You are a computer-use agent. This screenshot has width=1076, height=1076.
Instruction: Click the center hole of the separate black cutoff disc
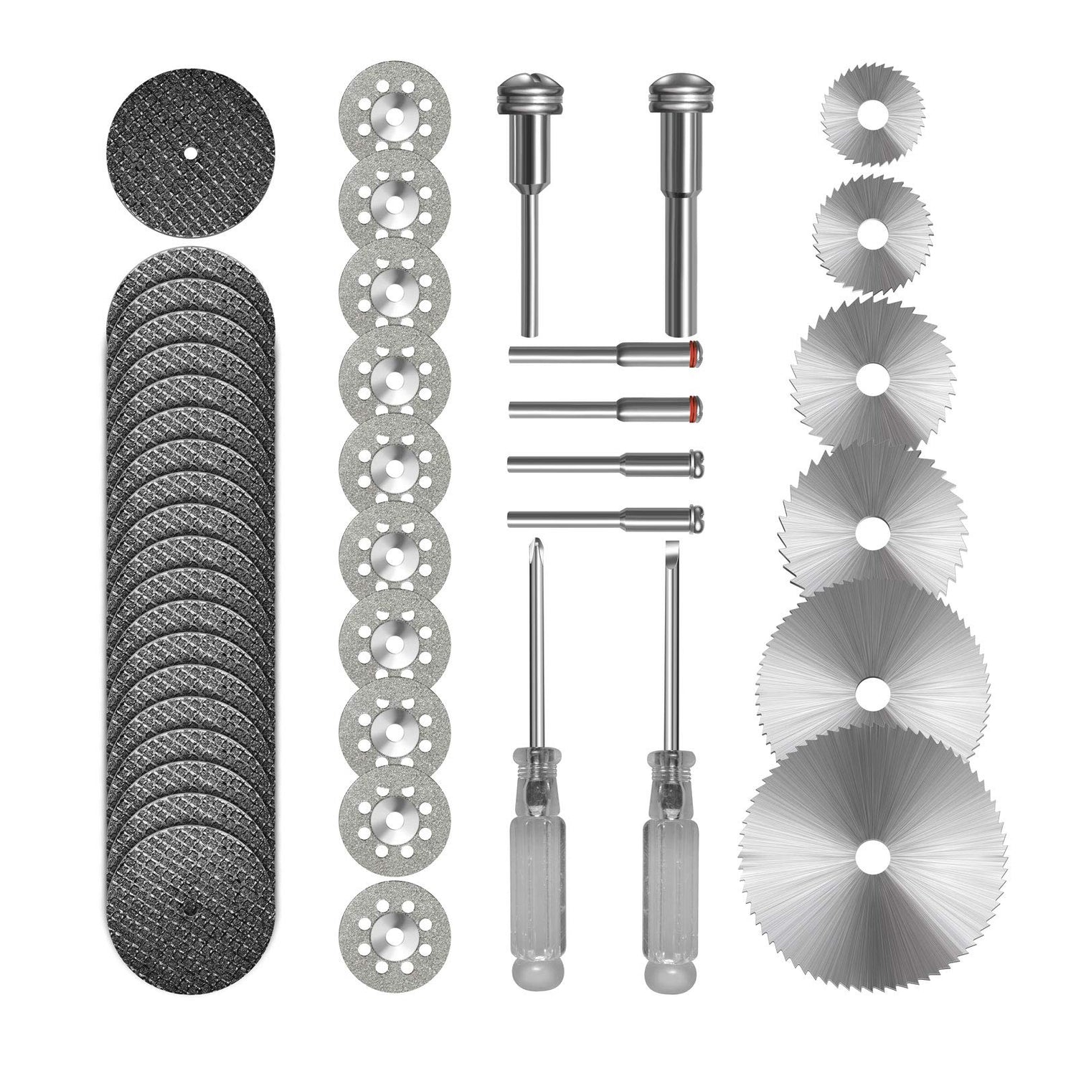pyautogui.click(x=191, y=151)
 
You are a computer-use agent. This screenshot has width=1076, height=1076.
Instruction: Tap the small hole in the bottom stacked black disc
pyautogui.click(x=192, y=909)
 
